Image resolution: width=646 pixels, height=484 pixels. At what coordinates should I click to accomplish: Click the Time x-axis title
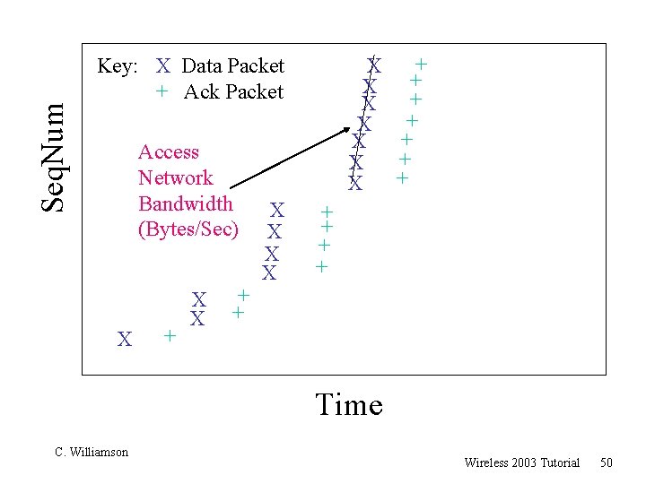[349, 405]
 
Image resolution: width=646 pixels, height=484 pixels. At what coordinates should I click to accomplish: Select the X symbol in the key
[163, 65]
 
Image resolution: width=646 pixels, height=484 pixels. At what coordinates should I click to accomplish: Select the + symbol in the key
[161, 91]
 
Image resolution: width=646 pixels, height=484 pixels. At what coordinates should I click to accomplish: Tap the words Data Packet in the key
[232, 65]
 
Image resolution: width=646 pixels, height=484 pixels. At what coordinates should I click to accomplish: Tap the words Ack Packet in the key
[233, 91]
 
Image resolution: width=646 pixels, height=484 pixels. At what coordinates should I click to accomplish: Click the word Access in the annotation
[169, 152]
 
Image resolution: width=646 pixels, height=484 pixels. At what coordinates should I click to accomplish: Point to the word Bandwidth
[186, 203]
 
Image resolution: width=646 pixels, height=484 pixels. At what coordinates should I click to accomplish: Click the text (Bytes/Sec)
[188, 229]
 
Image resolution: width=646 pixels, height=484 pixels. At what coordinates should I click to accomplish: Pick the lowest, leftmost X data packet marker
[126, 339]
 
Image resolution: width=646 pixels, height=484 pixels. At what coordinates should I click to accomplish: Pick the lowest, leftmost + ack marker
[169, 336]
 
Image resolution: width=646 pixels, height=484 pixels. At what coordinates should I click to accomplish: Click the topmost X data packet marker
[375, 65]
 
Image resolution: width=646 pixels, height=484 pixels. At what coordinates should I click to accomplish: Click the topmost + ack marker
[420, 64]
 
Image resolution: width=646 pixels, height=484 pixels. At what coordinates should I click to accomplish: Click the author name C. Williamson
[92, 452]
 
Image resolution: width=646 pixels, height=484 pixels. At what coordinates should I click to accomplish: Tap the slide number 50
[607, 462]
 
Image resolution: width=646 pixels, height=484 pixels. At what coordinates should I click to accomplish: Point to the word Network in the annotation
[176, 177]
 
